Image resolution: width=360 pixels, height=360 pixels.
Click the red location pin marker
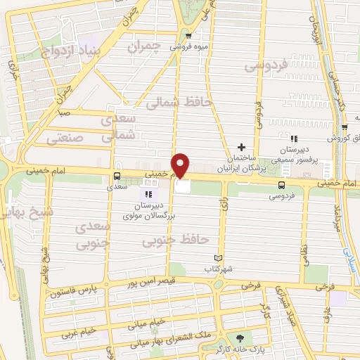181,164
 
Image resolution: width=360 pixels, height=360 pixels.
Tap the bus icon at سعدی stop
117,176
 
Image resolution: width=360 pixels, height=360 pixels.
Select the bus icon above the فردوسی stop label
281,185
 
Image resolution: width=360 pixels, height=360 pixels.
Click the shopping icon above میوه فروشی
188,34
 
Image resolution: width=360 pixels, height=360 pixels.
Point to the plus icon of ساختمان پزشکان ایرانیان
241,148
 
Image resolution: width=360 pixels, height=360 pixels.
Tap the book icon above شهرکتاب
226,258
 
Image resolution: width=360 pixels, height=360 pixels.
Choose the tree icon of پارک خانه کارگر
245,338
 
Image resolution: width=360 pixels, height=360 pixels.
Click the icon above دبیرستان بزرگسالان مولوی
148,194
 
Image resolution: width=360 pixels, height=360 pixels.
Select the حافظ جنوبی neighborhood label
176,241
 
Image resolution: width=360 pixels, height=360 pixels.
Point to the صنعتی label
65,139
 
